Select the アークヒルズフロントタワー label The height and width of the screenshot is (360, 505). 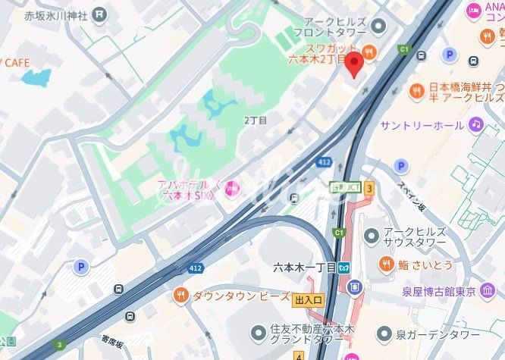pos(345,28)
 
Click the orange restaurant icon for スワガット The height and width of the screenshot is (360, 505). pos(369,52)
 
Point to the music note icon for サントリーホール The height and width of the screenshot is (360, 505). pos(475,124)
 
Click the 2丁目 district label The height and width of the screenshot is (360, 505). pos(256,121)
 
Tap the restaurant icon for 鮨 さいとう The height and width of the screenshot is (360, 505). pos(387,264)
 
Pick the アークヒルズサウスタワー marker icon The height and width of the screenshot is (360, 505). pos(371,236)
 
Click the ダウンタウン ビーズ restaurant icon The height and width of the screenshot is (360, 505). pos(180,295)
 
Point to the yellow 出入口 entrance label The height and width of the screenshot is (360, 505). pos(309,301)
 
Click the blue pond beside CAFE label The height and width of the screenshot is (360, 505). pos(36,77)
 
